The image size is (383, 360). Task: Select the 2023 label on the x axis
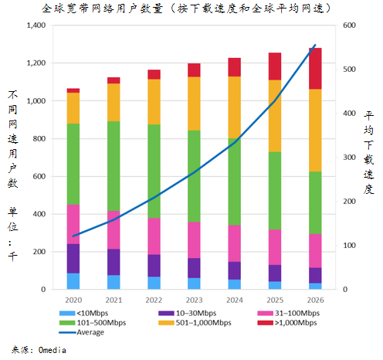[194, 299]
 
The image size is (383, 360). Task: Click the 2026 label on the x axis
[314, 299]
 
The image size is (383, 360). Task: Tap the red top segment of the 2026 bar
[314, 68]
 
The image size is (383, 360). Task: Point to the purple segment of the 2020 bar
[73, 258]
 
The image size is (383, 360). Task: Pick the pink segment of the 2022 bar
[154, 236]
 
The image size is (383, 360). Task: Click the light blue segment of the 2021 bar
[114, 282]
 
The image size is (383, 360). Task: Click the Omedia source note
[39, 350]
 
